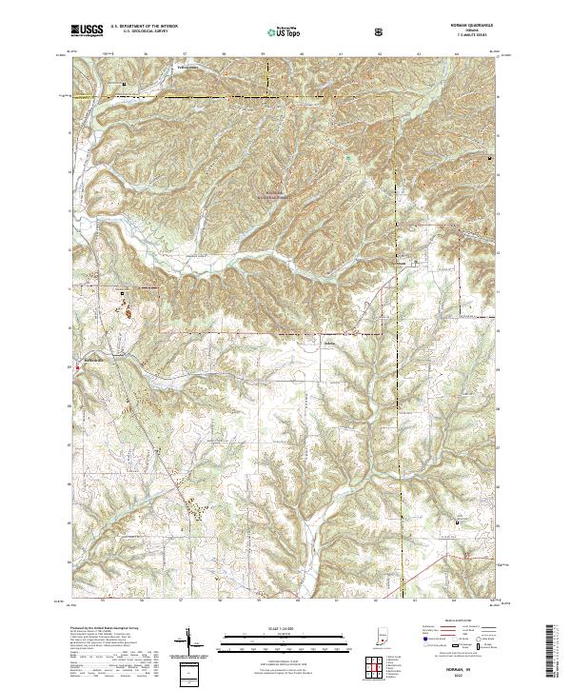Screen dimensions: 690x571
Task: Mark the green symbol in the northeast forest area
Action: point(348,158)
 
